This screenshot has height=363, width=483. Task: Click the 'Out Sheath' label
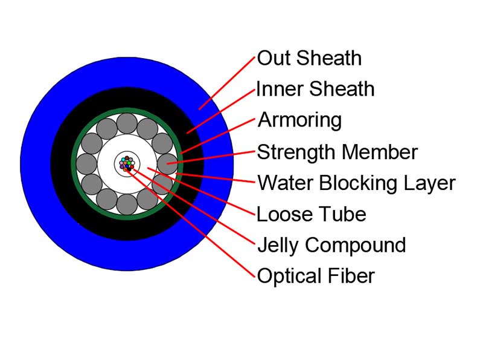[309, 58]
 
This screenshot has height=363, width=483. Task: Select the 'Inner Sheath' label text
[315, 89]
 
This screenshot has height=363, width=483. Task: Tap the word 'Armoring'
[300, 120]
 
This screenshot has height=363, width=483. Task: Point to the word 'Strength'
[297, 152]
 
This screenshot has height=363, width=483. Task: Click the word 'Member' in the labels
[380, 152]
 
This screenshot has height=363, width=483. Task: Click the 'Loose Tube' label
[312, 214]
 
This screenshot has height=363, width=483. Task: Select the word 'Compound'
[355, 246]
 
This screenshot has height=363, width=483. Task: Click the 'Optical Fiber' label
[316, 276]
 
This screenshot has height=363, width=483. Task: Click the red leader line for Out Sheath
[227, 83]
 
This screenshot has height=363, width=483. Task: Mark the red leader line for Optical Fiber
[190, 223]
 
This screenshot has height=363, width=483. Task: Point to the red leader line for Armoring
[217, 136]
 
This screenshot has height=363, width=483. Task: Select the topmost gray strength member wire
[127, 123]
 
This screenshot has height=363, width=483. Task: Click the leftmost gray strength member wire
[86, 164]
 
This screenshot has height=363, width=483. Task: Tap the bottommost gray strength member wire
[127, 204]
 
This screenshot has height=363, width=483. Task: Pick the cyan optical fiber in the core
[123, 160]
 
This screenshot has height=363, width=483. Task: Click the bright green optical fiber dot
[129, 163]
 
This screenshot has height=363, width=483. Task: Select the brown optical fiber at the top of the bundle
[127, 158]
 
